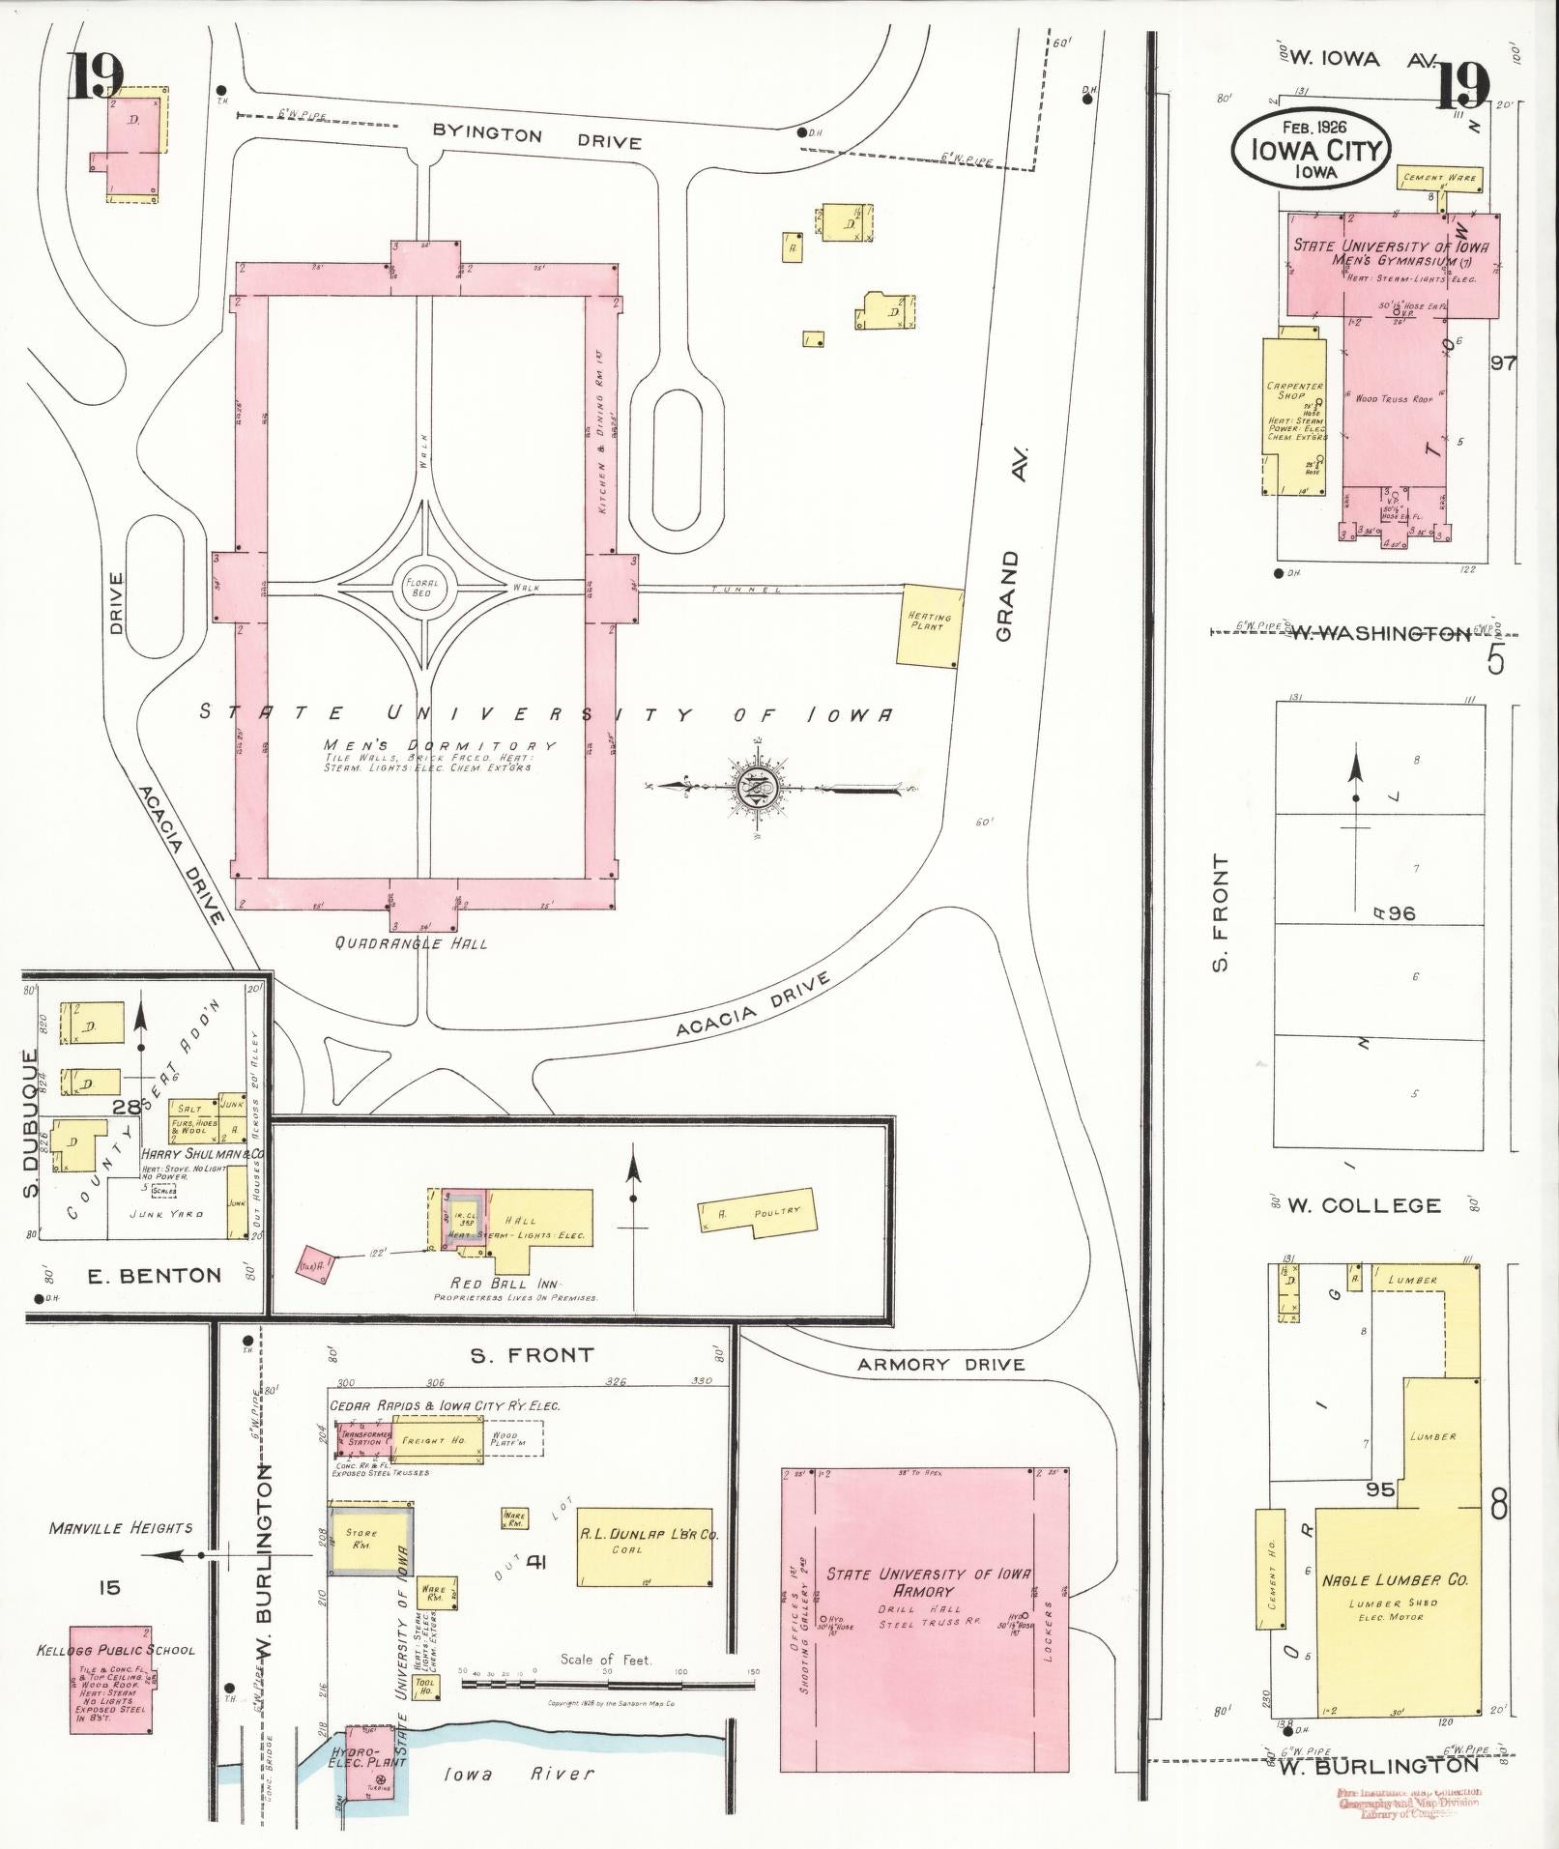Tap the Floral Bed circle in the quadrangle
421,587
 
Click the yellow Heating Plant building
930,624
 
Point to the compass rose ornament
753,789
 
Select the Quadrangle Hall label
411,942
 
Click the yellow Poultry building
759,1213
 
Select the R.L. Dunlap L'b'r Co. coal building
645,1547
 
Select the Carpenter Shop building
1293,411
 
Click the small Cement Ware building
1440,179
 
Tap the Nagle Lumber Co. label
1395,1579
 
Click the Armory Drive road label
940,1364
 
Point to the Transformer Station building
363,1439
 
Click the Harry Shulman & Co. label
203,1154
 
